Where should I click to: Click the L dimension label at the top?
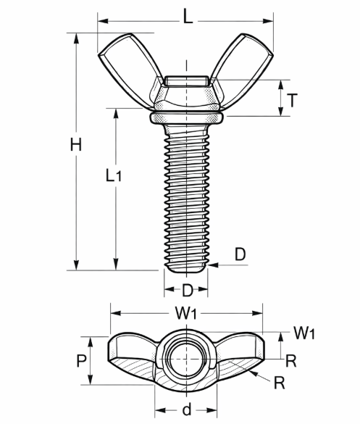click(188, 16)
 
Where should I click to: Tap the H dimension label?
click(76, 144)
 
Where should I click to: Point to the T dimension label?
click(292, 100)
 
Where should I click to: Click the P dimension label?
click(81, 360)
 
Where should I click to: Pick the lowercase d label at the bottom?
click(187, 409)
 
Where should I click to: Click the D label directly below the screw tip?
click(188, 291)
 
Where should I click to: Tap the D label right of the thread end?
click(240, 254)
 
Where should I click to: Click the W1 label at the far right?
click(304, 333)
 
